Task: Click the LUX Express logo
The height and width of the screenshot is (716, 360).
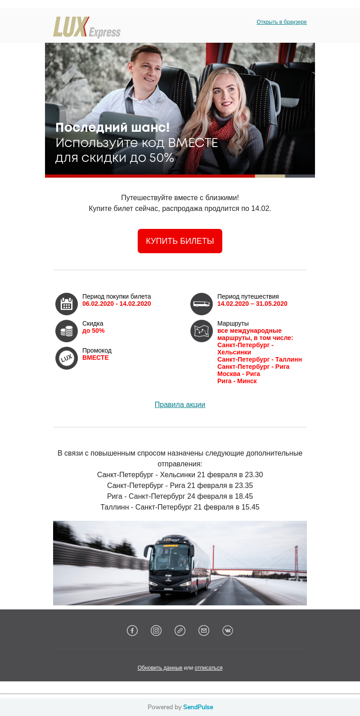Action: point(87,27)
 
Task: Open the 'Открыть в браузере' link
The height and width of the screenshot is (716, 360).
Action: point(282,22)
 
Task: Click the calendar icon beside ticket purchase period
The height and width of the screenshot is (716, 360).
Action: point(67,304)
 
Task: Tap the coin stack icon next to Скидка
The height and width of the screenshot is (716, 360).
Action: point(67,331)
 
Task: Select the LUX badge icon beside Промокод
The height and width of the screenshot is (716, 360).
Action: point(67,358)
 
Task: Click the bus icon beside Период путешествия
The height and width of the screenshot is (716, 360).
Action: point(202,304)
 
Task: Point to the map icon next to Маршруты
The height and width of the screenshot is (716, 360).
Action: point(202,331)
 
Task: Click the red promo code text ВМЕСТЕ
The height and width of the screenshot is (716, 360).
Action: point(95,358)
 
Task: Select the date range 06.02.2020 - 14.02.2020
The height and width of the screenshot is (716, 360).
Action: point(117,304)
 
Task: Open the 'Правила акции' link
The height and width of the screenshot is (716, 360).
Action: point(180,404)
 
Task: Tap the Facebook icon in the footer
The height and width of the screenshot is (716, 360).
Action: point(132,631)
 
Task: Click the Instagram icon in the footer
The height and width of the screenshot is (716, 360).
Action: point(156,631)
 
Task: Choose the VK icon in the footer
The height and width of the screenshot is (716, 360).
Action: point(228,631)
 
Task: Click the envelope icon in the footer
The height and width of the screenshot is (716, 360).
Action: point(204,631)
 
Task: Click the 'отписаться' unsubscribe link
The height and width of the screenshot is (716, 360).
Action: point(208,668)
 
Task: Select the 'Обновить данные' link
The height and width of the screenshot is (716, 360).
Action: point(160,668)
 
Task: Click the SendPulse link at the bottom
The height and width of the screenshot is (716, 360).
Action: point(198,707)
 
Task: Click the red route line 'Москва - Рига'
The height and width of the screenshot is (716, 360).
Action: point(238,374)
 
